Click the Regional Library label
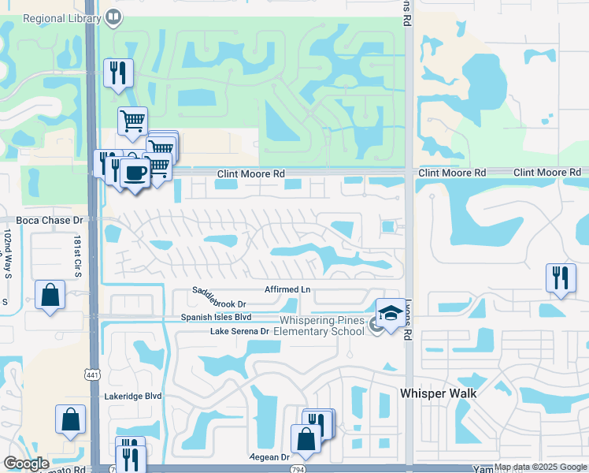(x=53, y=17)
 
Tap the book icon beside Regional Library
(x=113, y=17)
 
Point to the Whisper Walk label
(x=439, y=392)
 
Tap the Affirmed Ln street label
(x=287, y=290)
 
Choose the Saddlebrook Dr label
(x=220, y=297)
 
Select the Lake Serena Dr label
(x=239, y=331)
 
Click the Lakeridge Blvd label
(x=133, y=397)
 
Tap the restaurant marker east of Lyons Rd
(x=560, y=277)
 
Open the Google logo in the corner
(x=26, y=464)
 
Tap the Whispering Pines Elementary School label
(x=323, y=326)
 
